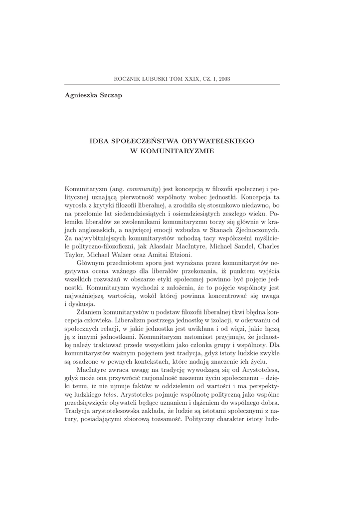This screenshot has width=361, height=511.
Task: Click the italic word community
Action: coord(143,189)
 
